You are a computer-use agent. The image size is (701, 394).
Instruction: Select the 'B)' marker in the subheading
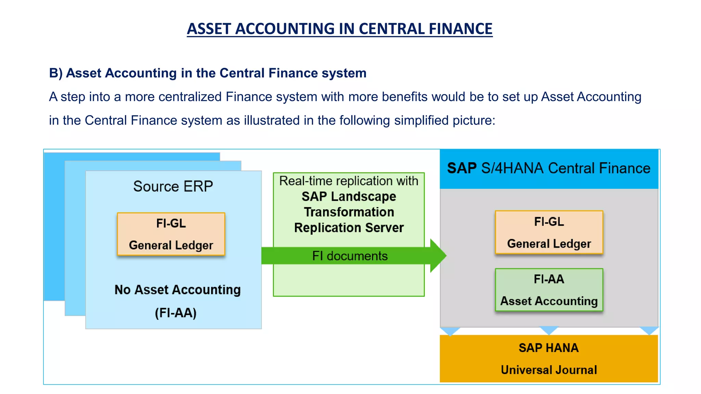(x=55, y=73)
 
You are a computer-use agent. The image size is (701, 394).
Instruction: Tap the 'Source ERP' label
(x=173, y=186)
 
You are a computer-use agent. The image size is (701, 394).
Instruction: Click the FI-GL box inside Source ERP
(x=171, y=234)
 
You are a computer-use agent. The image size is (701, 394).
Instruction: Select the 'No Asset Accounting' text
(x=177, y=290)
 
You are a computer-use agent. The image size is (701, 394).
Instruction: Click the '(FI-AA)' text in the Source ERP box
(x=176, y=313)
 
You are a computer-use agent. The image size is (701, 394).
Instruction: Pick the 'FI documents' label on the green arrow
(x=349, y=256)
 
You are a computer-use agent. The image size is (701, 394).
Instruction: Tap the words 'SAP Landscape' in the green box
(x=348, y=197)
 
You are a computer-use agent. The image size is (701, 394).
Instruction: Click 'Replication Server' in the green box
(x=348, y=228)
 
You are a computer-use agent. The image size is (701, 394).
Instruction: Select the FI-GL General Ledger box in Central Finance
(x=549, y=233)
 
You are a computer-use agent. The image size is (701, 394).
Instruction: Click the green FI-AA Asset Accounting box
(x=549, y=290)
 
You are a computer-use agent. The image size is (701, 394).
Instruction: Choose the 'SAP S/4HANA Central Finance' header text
(x=548, y=168)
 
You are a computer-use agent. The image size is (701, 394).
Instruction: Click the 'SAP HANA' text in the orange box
(x=548, y=348)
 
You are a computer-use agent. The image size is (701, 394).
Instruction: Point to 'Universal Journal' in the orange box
(x=548, y=370)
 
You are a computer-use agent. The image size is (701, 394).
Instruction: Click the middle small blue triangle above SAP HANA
(x=549, y=330)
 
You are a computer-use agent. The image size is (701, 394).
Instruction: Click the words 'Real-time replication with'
(x=348, y=181)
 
